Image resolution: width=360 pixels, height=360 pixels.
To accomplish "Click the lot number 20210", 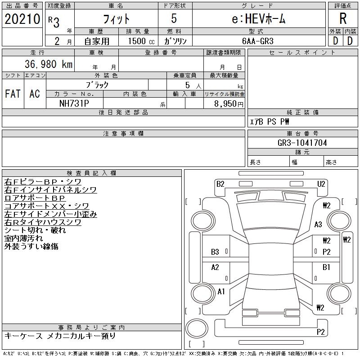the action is point(22,19).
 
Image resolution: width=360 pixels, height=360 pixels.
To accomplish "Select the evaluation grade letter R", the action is point(343,18).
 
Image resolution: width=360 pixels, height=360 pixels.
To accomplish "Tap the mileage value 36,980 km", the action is point(49,64).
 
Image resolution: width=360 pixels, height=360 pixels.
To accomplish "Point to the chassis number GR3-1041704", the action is point(302,143).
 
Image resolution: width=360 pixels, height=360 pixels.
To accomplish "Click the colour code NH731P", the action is point(74,103).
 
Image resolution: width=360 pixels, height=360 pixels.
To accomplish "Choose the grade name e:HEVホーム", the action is point(259,19).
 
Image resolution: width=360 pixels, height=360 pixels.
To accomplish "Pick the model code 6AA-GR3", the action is point(258,41).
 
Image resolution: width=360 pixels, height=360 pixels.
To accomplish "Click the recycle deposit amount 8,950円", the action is point(229,104).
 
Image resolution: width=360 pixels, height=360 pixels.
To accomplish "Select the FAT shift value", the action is point(13,94).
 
